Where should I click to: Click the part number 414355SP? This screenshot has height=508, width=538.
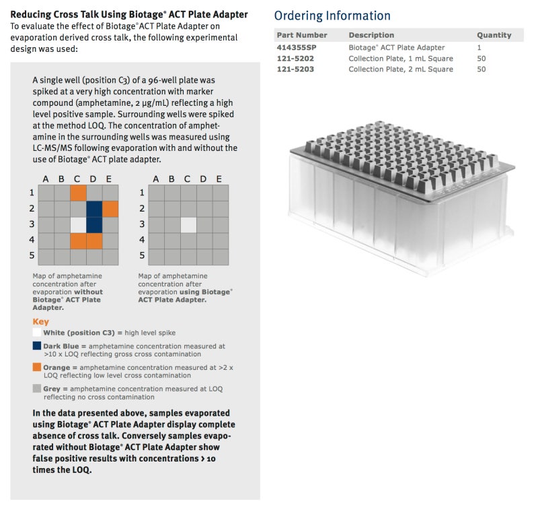296,47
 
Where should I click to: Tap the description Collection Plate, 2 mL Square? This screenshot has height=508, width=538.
400,69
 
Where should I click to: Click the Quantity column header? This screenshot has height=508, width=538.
494,35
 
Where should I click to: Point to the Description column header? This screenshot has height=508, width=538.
371,35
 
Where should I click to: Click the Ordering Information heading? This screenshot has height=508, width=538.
332,15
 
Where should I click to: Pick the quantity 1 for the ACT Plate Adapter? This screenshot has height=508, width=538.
479,47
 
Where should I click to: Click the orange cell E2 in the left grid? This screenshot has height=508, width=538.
110,208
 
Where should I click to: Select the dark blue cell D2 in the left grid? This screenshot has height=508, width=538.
94,208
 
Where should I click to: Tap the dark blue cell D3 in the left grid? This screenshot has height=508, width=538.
94,224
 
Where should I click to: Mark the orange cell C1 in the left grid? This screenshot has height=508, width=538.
78,192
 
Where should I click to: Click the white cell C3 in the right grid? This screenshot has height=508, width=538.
188,224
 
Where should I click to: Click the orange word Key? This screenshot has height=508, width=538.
40,321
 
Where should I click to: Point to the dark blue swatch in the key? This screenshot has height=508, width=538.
37,346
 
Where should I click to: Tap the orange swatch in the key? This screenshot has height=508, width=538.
37,368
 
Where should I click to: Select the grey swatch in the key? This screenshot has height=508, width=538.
37,389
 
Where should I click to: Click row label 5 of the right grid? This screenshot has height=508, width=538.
141,256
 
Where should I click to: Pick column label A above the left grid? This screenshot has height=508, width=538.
46,179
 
